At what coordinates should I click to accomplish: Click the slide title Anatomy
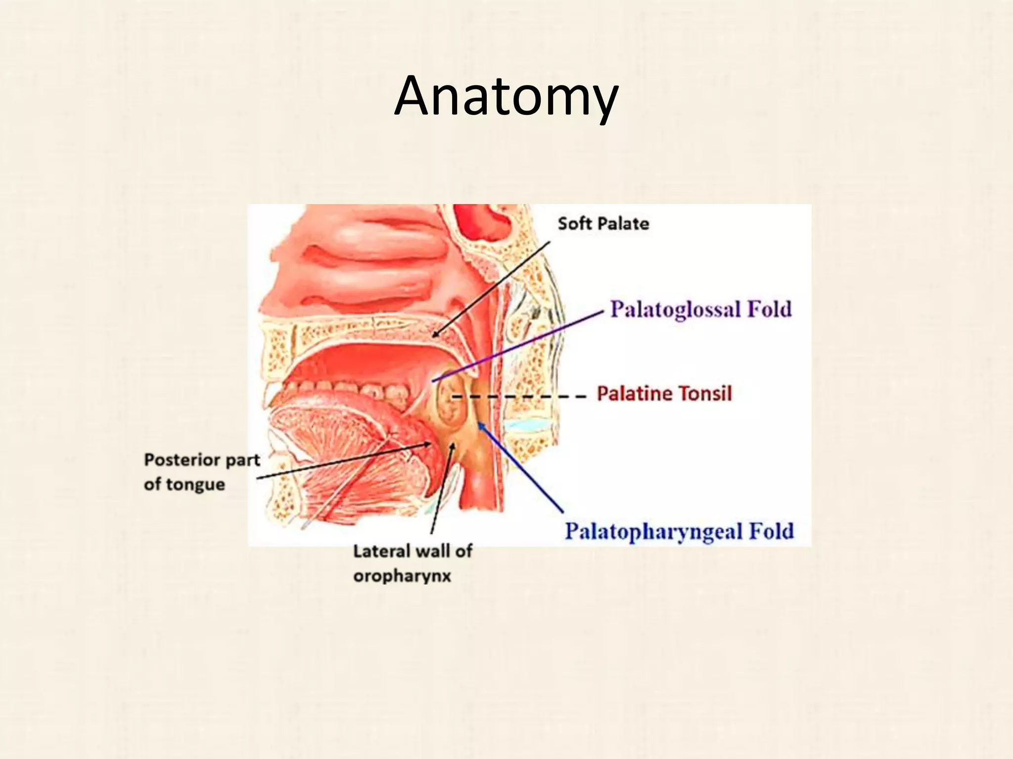pos(506,96)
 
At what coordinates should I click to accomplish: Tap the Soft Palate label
pos(603,224)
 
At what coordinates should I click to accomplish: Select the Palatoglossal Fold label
pos(700,310)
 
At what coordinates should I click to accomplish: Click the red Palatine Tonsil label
pos(664,394)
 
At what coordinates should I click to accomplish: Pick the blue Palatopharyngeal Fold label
pos(679,532)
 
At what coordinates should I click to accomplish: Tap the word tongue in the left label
pos(195,484)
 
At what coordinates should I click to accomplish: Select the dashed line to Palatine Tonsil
pos(519,396)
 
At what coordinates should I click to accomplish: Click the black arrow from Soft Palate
pos(495,287)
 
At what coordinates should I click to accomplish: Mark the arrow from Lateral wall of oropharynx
pos(441,489)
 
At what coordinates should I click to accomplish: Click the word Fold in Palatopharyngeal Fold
pos(771,532)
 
